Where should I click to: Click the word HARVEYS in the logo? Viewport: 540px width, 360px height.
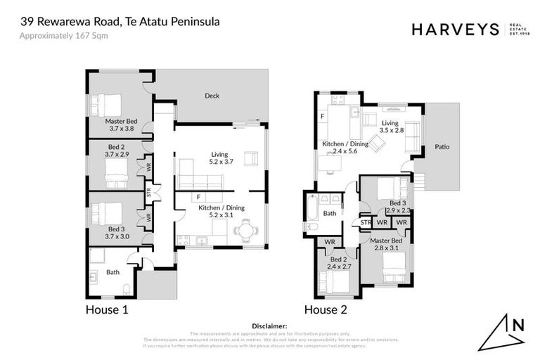455,29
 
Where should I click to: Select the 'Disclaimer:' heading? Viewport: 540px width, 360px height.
270,326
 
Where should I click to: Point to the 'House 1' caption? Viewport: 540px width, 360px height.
106,309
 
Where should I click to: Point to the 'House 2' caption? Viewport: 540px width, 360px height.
325,309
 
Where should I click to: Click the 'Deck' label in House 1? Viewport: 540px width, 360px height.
212,96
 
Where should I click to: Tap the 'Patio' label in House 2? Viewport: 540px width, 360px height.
442,147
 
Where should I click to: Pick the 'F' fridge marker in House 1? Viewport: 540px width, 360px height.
199,197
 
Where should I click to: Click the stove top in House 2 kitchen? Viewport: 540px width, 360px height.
336,99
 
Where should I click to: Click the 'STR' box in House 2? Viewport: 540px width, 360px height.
366,222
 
